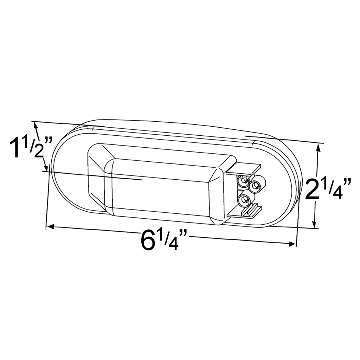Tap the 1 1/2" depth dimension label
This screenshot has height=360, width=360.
pyautogui.click(x=31, y=148)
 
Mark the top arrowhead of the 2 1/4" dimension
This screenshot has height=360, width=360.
pyautogui.click(x=319, y=148)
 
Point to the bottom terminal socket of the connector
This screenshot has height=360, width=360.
pyautogui.click(x=244, y=201)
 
